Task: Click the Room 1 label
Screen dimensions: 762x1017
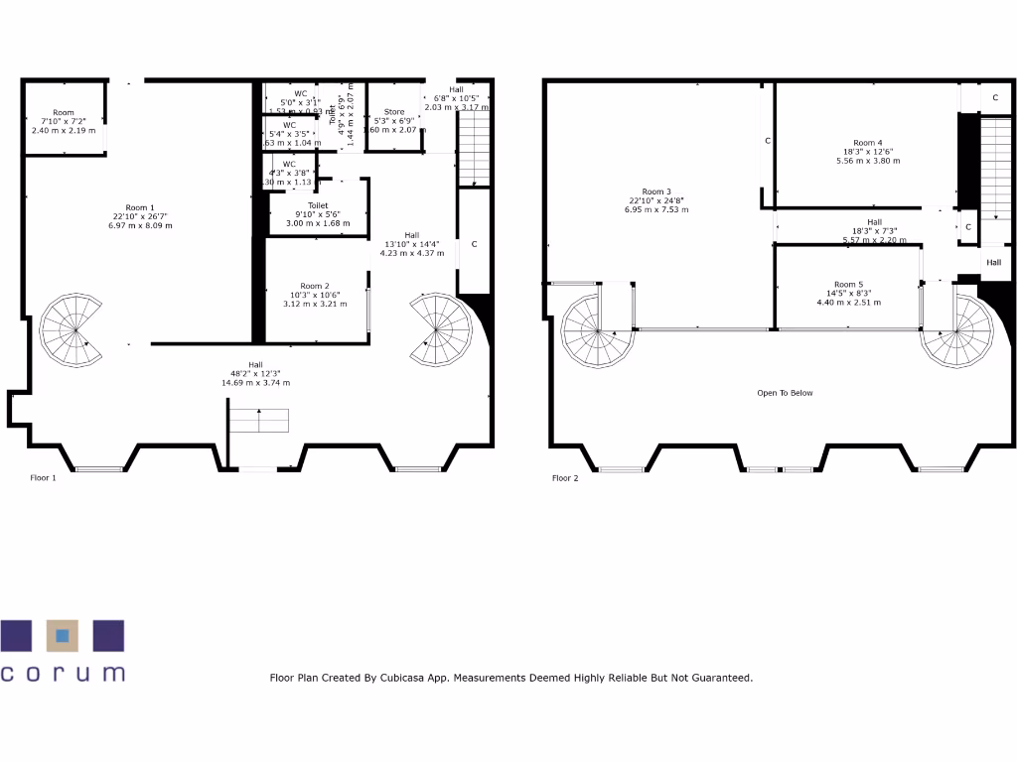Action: (x=139, y=208)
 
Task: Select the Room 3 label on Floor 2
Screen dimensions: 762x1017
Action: (x=656, y=191)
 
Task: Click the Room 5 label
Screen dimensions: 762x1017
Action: (x=849, y=284)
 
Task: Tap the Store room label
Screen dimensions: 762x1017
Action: (x=394, y=112)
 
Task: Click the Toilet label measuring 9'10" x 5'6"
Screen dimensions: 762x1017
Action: (x=318, y=205)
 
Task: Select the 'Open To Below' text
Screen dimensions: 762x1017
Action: (x=785, y=393)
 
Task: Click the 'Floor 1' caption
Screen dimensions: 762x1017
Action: (x=43, y=478)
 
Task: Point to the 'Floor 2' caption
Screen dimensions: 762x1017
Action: (x=565, y=478)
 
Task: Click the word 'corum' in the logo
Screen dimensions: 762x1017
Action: (x=63, y=673)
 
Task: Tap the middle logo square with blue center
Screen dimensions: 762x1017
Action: (x=63, y=635)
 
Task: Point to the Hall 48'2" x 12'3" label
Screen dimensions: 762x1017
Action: (x=255, y=364)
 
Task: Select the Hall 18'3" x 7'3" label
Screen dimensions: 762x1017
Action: (x=874, y=222)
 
